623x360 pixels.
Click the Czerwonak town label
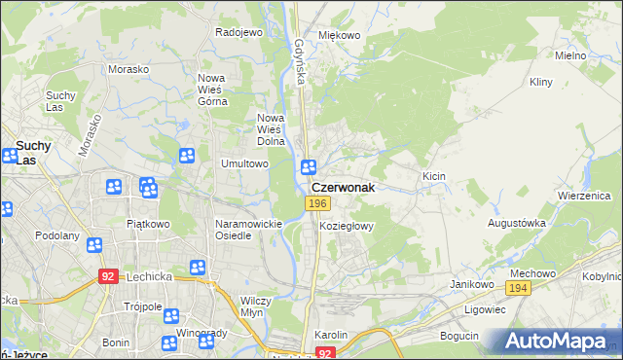tap(343, 187)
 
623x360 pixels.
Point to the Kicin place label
tap(433, 176)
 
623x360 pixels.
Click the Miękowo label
tap(340, 36)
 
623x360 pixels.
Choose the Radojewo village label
tap(239, 32)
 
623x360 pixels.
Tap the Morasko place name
tap(128, 70)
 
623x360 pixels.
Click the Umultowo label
tap(244, 164)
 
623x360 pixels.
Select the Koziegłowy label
tap(347, 226)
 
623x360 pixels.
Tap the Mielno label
tap(569, 55)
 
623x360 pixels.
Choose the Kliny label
tap(541, 84)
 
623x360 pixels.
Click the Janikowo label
tap(469, 284)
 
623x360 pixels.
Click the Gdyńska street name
tap(300, 59)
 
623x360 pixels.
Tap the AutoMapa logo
tap(557, 342)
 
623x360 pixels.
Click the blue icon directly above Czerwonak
tap(309, 167)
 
